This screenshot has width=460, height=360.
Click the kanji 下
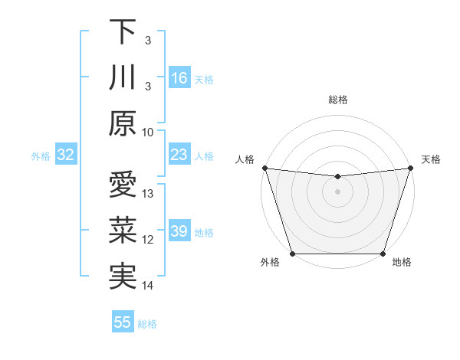[123, 31]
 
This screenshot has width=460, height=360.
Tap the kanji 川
[123, 78]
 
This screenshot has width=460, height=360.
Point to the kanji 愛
[123, 185]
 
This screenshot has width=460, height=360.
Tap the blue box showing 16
[179, 78]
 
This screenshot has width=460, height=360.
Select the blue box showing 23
[179, 155]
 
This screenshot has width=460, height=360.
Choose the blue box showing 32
[66, 155]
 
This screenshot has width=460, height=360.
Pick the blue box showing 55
[123, 322]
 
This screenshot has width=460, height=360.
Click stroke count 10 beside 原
[149, 132]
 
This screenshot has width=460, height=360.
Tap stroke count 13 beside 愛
[149, 193]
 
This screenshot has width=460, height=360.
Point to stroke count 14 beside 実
[149, 286]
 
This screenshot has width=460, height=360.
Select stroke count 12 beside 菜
[149, 240]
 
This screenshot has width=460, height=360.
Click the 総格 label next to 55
[147, 324]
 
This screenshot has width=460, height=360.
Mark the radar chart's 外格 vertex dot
[292, 254]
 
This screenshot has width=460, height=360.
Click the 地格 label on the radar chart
[402, 263]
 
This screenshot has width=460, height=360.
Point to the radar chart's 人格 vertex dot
[264, 168]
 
